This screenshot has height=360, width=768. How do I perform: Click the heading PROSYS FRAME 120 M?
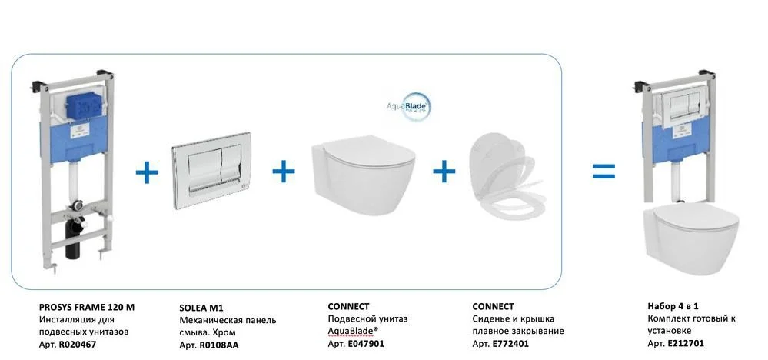point(86,306)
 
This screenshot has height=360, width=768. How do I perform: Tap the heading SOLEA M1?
point(194,306)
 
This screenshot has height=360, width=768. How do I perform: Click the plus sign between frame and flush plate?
point(146,172)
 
